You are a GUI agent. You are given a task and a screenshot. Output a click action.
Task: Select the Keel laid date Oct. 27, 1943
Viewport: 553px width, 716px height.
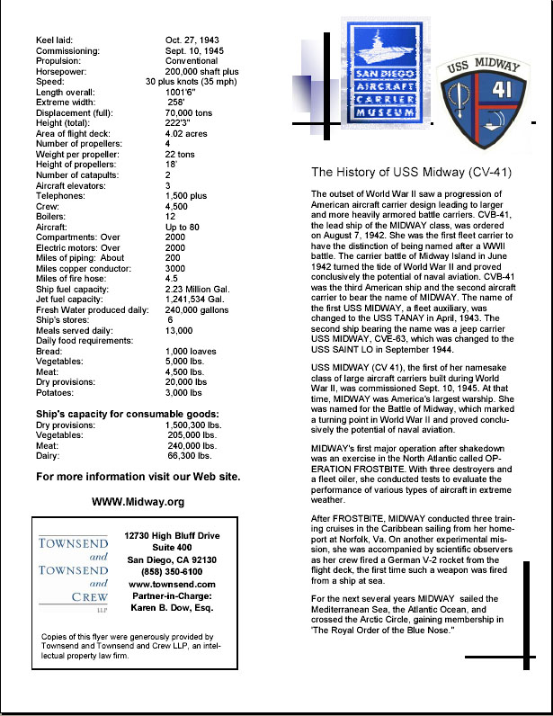pos(192,40)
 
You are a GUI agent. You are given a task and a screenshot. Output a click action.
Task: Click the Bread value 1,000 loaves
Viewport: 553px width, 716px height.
pos(192,351)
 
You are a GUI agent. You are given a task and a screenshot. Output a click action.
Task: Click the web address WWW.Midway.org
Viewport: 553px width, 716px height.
pos(138,502)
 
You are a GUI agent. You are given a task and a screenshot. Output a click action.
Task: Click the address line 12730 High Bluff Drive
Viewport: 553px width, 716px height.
pos(170,535)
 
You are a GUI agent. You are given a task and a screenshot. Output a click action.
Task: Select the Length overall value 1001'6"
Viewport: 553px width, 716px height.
pos(185,92)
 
